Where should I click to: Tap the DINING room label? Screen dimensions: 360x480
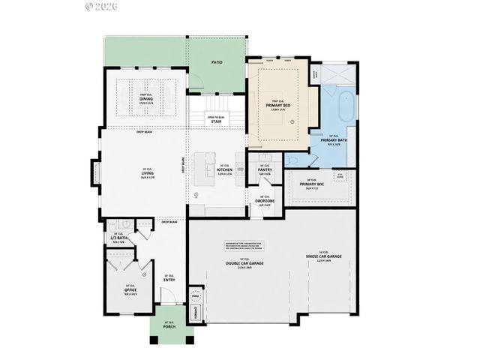146,98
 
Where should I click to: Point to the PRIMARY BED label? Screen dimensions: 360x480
278,106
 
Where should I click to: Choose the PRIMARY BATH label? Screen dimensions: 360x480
333,140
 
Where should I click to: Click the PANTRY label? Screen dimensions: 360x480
265,170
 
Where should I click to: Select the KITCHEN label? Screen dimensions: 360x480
225,170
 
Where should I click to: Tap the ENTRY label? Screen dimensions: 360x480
169,280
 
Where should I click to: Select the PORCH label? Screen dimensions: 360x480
169,327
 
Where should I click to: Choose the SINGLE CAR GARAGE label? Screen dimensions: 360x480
323,256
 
